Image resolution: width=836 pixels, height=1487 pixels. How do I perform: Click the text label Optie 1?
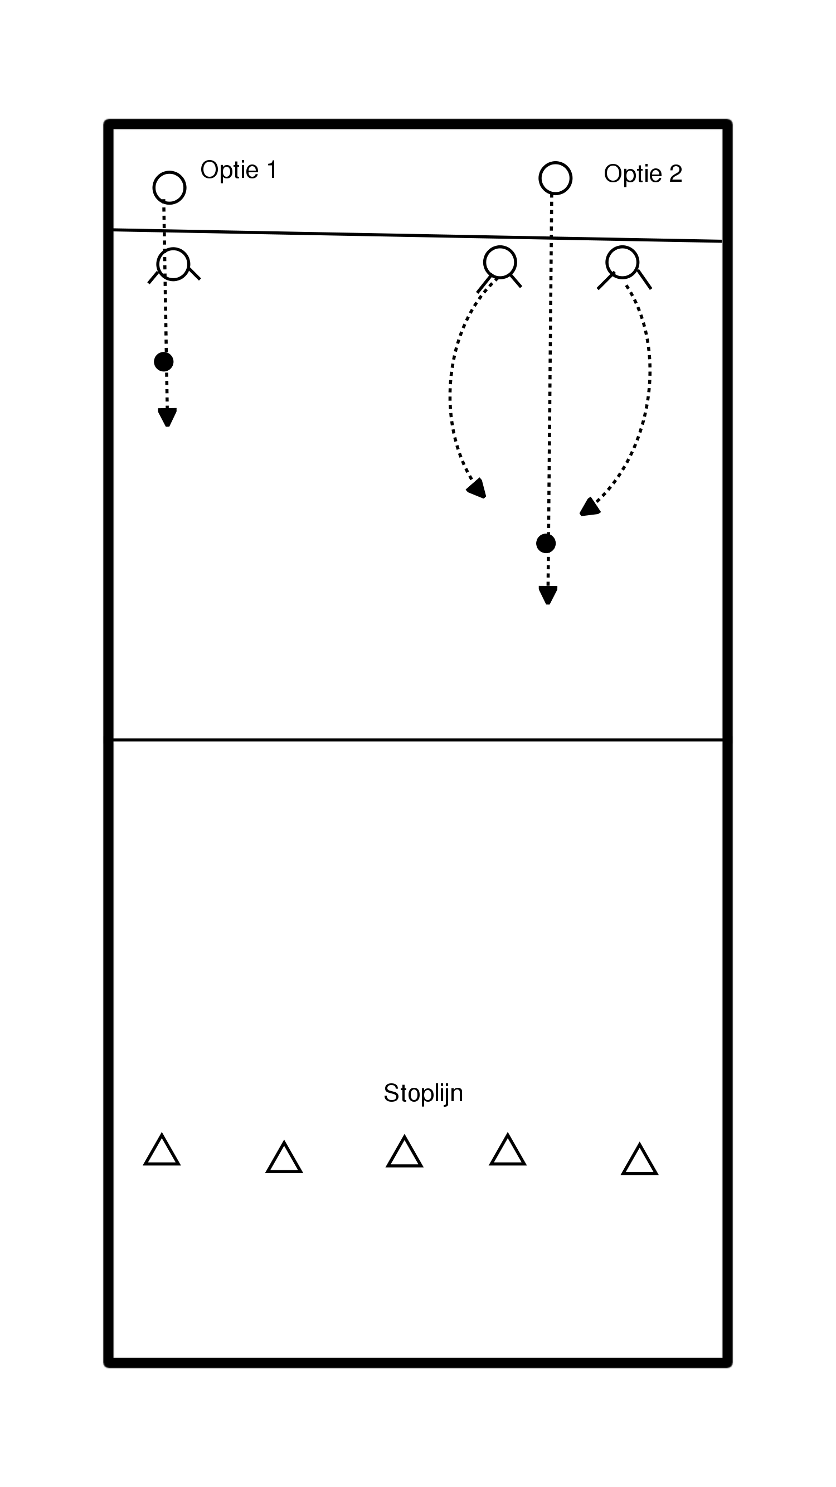(x=239, y=169)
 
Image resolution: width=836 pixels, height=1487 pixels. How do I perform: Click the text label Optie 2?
(x=642, y=174)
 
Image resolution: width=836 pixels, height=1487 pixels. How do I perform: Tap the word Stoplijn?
(x=423, y=1093)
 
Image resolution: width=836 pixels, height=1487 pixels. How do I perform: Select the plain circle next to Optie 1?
(x=169, y=187)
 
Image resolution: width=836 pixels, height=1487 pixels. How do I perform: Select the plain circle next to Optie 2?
(x=555, y=178)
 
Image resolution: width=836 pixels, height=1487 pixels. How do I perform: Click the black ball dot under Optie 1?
(x=164, y=362)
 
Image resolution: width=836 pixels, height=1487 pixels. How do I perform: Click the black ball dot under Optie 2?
(x=546, y=543)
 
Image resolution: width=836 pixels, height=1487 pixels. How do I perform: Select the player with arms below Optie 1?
(x=173, y=264)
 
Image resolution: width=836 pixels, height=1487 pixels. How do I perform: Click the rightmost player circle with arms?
(x=623, y=263)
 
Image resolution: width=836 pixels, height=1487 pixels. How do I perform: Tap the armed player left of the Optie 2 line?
(x=499, y=263)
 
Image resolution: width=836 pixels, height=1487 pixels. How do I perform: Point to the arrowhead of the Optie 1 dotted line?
(x=167, y=418)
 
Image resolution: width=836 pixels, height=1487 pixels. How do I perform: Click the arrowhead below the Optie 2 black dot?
(x=547, y=595)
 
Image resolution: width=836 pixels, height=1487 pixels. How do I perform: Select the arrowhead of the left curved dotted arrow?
(x=478, y=489)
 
